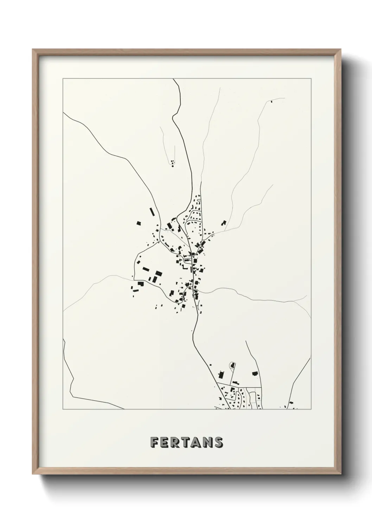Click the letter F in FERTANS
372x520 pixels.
pos(154,442)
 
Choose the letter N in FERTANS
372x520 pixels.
pos(206,442)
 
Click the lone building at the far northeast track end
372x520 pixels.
pos(271,102)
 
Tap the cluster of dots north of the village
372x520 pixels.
pos(172,163)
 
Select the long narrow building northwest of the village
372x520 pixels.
pos(152,212)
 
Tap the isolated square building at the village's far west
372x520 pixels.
pos(139,223)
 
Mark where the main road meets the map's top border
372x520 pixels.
pos(174,79)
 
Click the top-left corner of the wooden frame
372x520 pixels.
pos(33,50)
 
